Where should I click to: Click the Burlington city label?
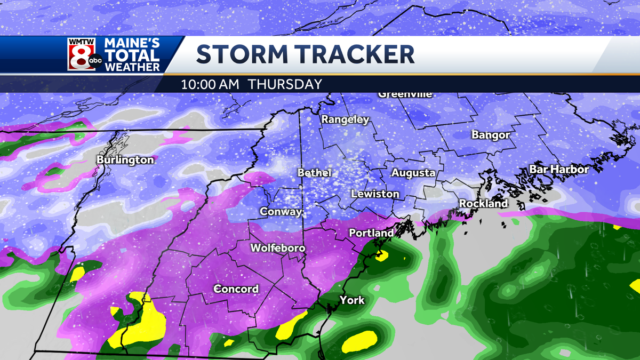tap(125, 160)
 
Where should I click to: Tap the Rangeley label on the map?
tap(345, 120)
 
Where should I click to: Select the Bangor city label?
tap(491, 135)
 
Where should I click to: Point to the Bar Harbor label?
tap(559, 170)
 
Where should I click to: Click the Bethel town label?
tap(315, 173)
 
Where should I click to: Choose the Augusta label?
tap(413, 173)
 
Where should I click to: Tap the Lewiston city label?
tap(375, 194)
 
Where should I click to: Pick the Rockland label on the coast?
tap(484, 204)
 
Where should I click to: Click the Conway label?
tap(281, 212)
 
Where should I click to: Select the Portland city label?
tap(371, 233)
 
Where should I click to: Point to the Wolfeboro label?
tap(278, 249)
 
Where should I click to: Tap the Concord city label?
tap(236, 289)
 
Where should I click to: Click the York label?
tap(352, 300)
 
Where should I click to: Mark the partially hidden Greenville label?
tap(405, 95)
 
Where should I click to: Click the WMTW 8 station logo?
tap(85, 54)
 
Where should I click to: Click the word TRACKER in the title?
tap(359, 55)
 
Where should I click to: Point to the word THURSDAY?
tap(285, 84)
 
